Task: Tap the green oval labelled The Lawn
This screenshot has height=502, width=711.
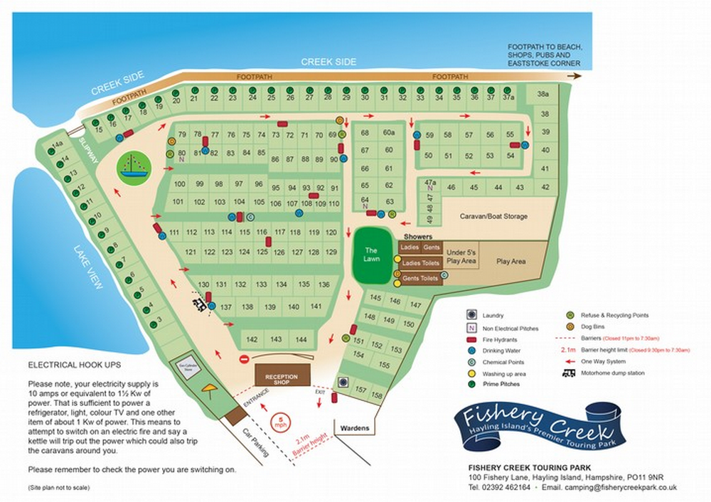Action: point(372,255)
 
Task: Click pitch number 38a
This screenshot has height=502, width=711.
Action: point(543,95)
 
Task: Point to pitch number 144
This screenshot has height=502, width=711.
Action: point(301,339)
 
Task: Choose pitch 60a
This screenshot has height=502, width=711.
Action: point(388,133)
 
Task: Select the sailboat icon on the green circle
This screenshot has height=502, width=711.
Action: point(132,168)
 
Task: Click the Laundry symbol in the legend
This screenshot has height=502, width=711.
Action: point(470,314)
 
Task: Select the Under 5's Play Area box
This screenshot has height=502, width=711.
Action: point(461,256)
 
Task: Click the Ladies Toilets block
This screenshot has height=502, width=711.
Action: point(419,263)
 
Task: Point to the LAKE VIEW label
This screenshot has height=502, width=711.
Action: point(90,267)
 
